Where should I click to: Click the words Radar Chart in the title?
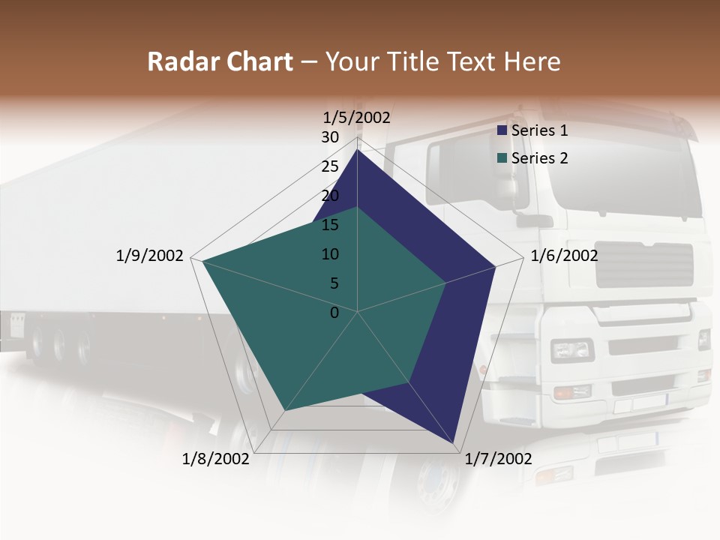click(x=220, y=62)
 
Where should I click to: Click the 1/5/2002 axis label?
click(x=356, y=117)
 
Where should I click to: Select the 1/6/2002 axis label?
click(x=564, y=256)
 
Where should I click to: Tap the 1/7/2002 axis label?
click(x=498, y=458)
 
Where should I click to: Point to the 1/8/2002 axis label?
click(x=216, y=458)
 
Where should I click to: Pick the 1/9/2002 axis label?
click(x=149, y=256)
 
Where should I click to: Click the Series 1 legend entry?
click(x=538, y=130)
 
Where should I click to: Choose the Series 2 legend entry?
click(x=538, y=158)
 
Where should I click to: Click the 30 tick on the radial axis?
click(x=330, y=137)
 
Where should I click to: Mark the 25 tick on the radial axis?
click(x=330, y=166)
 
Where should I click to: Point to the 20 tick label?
click(x=330, y=196)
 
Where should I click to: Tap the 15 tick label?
click(x=330, y=225)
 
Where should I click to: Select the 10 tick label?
click(x=330, y=254)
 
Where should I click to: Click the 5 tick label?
click(x=334, y=283)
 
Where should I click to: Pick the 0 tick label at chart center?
click(x=334, y=313)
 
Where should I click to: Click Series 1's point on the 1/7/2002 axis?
click(x=452, y=442)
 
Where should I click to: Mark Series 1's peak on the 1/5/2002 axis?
click(x=358, y=150)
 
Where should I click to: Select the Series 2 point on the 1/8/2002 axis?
click(x=284, y=411)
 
